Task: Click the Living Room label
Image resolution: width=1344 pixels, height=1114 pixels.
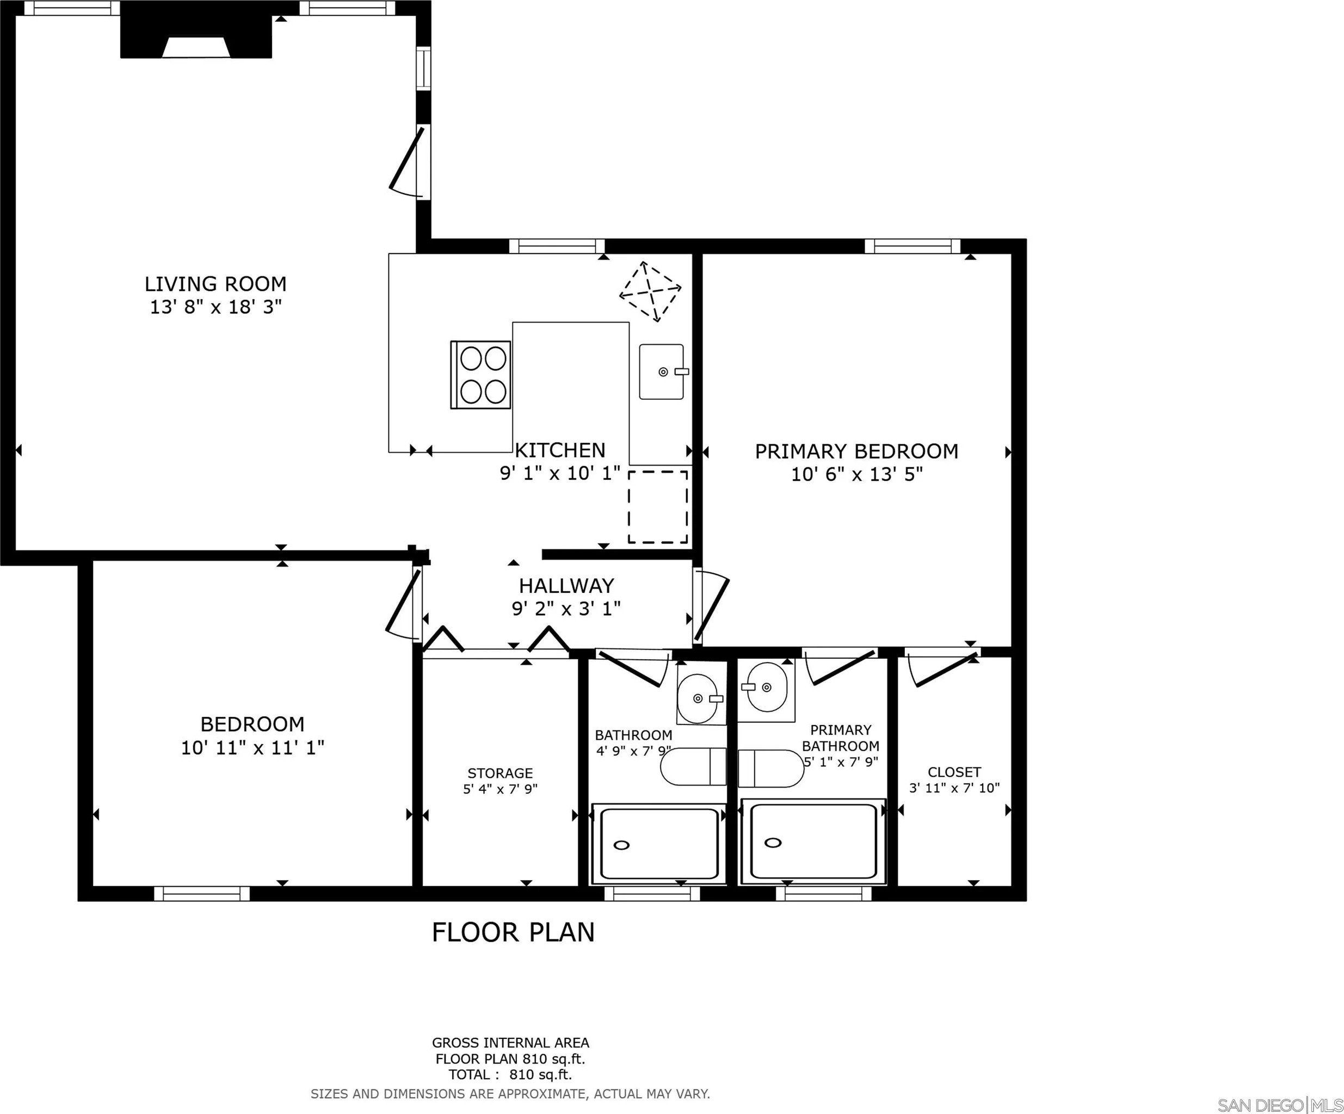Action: click(215, 284)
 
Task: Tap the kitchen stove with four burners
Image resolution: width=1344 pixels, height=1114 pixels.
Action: click(480, 375)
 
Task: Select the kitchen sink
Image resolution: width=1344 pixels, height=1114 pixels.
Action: click(662, 372)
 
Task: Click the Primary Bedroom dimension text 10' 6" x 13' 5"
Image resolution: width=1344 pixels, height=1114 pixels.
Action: click(857, 474)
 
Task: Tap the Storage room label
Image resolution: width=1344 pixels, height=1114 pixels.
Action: click(500, 773)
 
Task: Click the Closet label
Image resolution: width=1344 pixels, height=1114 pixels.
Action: click(954, 772)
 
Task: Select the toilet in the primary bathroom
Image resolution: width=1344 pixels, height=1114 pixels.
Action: click(770, 769)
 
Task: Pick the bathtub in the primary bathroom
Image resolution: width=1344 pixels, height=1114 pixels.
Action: click(813, 841)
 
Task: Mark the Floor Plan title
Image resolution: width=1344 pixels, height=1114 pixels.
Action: click(513, 932)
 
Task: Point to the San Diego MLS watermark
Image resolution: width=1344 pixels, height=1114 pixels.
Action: click(1279, 1105)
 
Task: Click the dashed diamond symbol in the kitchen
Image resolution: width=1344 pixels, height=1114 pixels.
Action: click(650, 292)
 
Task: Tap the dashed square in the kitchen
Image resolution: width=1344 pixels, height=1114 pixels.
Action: click(658, 508)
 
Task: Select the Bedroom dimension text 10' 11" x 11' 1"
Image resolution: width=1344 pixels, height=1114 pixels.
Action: click(253, 747)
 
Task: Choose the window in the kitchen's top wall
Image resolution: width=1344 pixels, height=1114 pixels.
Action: click(557, 246)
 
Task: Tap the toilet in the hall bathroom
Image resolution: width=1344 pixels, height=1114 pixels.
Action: click(693, 766)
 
